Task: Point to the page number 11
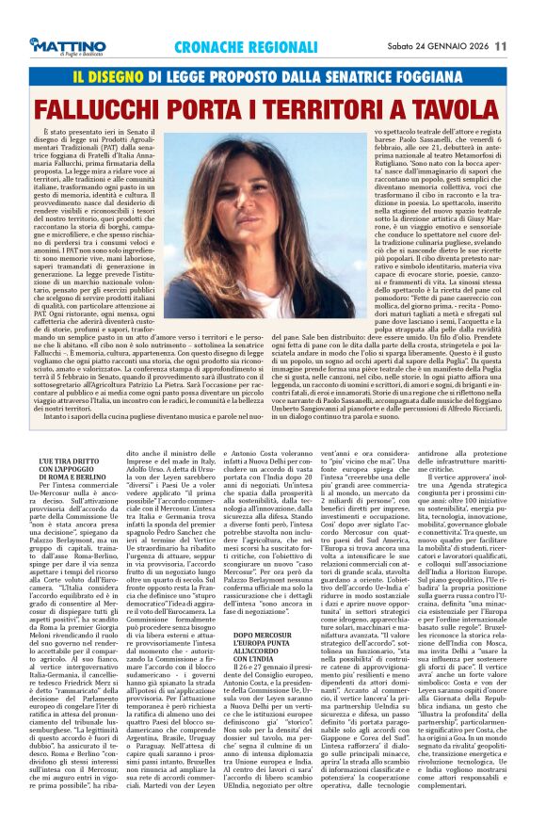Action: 526,45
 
